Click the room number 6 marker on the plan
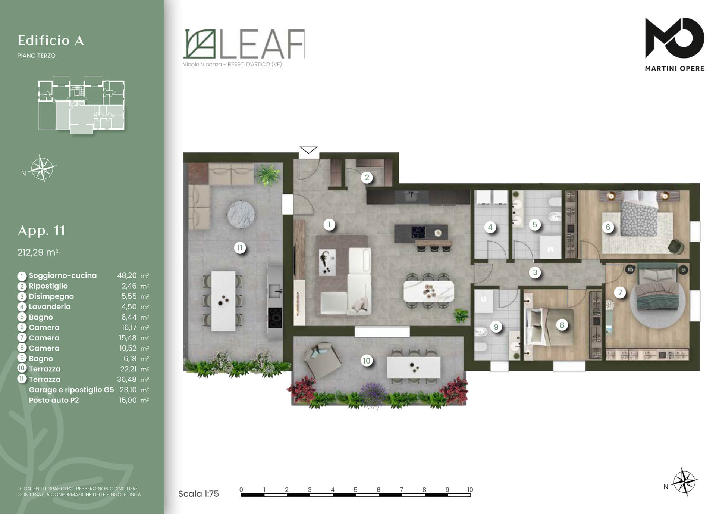point(608,227)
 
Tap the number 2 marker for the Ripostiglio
point(367,177)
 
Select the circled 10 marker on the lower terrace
point(367,361)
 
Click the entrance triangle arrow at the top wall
point(308,150)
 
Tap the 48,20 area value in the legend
point(127,275)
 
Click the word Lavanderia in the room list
point(50,306)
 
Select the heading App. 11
point(41,230)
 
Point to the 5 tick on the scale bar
point(355,489)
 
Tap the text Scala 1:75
point(198,494)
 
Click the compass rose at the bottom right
point(685,482)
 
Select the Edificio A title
point(51,40)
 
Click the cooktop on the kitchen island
point(418,232)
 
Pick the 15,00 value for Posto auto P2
point(128,400)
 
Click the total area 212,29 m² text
point(38,252)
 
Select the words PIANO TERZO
point(36,56)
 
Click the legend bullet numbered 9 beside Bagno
point(22,359)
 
